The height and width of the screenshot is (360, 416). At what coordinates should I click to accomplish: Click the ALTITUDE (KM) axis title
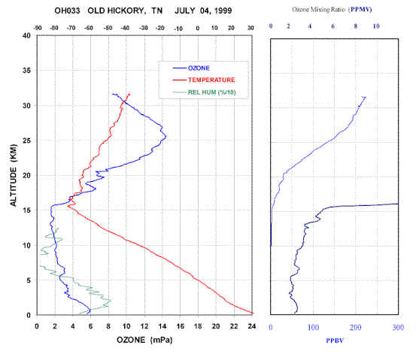14,175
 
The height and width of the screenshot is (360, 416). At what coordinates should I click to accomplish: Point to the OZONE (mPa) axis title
144,340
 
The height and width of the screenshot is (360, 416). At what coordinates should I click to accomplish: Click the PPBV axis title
335,340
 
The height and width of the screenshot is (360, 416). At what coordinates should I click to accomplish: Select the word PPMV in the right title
361,10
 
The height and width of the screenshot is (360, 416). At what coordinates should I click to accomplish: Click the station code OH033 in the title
67,11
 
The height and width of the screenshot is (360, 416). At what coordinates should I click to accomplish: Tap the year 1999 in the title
223,11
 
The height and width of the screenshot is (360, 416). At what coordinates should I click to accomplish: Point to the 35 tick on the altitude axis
26,71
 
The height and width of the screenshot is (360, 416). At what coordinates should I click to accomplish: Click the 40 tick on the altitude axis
26,35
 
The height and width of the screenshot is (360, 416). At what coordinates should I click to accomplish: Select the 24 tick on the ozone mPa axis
251,326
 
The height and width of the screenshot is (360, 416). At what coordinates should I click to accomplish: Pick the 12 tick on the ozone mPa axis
144,326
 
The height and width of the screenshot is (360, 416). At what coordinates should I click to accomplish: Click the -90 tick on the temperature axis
38,28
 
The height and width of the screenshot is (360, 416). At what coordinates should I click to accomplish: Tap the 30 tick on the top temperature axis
251,28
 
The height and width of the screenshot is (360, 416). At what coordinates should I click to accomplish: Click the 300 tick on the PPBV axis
398,328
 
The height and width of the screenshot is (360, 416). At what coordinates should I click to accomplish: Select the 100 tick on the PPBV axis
314,328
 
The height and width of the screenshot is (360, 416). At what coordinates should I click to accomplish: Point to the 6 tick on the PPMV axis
333,26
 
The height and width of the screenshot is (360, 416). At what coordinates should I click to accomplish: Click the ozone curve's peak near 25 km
165,137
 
